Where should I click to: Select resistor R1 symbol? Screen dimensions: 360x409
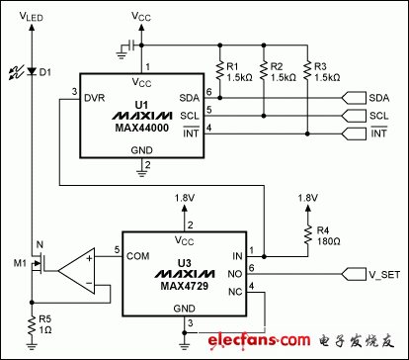[x=218, y=69]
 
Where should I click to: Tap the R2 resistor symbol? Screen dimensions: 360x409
[x=265, y=69]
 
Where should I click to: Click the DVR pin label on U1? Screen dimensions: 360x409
[x=95, y=98]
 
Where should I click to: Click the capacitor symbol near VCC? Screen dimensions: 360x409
[x=123, y=45]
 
